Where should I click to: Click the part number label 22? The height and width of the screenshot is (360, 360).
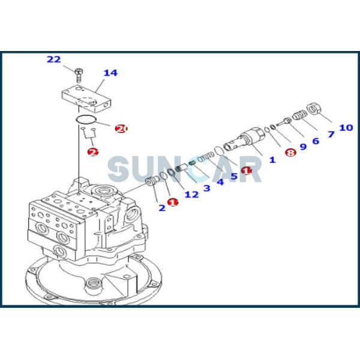53,59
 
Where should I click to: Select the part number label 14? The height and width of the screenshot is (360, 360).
110,73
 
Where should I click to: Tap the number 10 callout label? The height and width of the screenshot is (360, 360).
346,127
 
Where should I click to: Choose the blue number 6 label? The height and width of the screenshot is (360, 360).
315,141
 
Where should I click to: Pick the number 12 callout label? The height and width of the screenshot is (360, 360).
191,194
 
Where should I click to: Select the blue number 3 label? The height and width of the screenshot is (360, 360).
206,188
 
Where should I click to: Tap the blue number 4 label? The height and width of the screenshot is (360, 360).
220,182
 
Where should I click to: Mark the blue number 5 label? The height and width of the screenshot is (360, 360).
234,176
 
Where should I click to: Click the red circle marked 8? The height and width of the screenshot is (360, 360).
290,153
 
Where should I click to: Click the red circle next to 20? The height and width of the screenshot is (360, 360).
121,129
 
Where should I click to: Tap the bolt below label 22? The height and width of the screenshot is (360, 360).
79,75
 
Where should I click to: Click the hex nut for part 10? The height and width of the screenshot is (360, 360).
312,109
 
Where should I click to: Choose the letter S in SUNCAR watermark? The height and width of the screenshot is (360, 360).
118,169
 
